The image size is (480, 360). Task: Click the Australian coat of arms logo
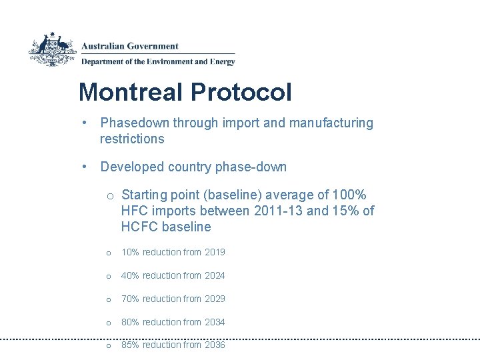point(53,49)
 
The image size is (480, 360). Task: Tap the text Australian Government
point(130,47)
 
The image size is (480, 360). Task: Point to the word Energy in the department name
point(222,62)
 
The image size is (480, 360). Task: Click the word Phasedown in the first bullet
point(135,123)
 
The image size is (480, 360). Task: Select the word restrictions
point(131,139)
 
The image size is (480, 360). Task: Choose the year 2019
point(215,252)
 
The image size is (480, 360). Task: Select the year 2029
point(215,299)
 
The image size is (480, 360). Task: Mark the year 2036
point(215,345)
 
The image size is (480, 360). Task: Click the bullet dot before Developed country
point(86,167)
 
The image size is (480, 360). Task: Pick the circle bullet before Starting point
point(111,195)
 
